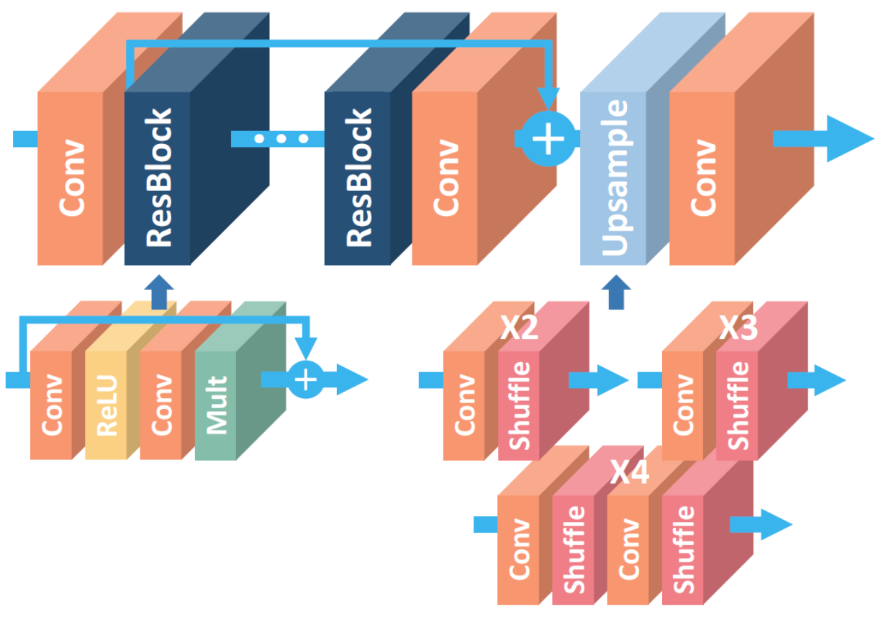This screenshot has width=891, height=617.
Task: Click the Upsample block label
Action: (x=613, y=178)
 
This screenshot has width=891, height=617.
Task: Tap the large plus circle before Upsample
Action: (x=549, y=138)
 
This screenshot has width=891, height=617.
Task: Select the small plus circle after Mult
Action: (x=307, y=379)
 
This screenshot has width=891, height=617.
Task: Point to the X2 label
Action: (x=520, y=329)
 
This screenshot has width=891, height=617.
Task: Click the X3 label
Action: (x=738, y=329)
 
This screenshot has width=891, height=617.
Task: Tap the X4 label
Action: (x=630, y=473)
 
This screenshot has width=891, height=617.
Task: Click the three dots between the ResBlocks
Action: (x=281, y=138)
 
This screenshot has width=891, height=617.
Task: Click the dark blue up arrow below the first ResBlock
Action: (x=159, y=292)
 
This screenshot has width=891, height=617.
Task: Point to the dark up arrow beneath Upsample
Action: (x=615, y=292)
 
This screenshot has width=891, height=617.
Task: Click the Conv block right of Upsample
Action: (x=702, y=178)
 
